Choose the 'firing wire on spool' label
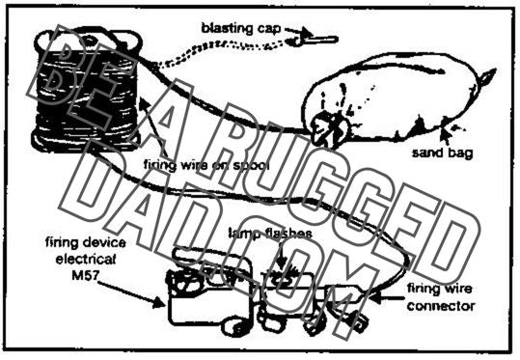(203, 167)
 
